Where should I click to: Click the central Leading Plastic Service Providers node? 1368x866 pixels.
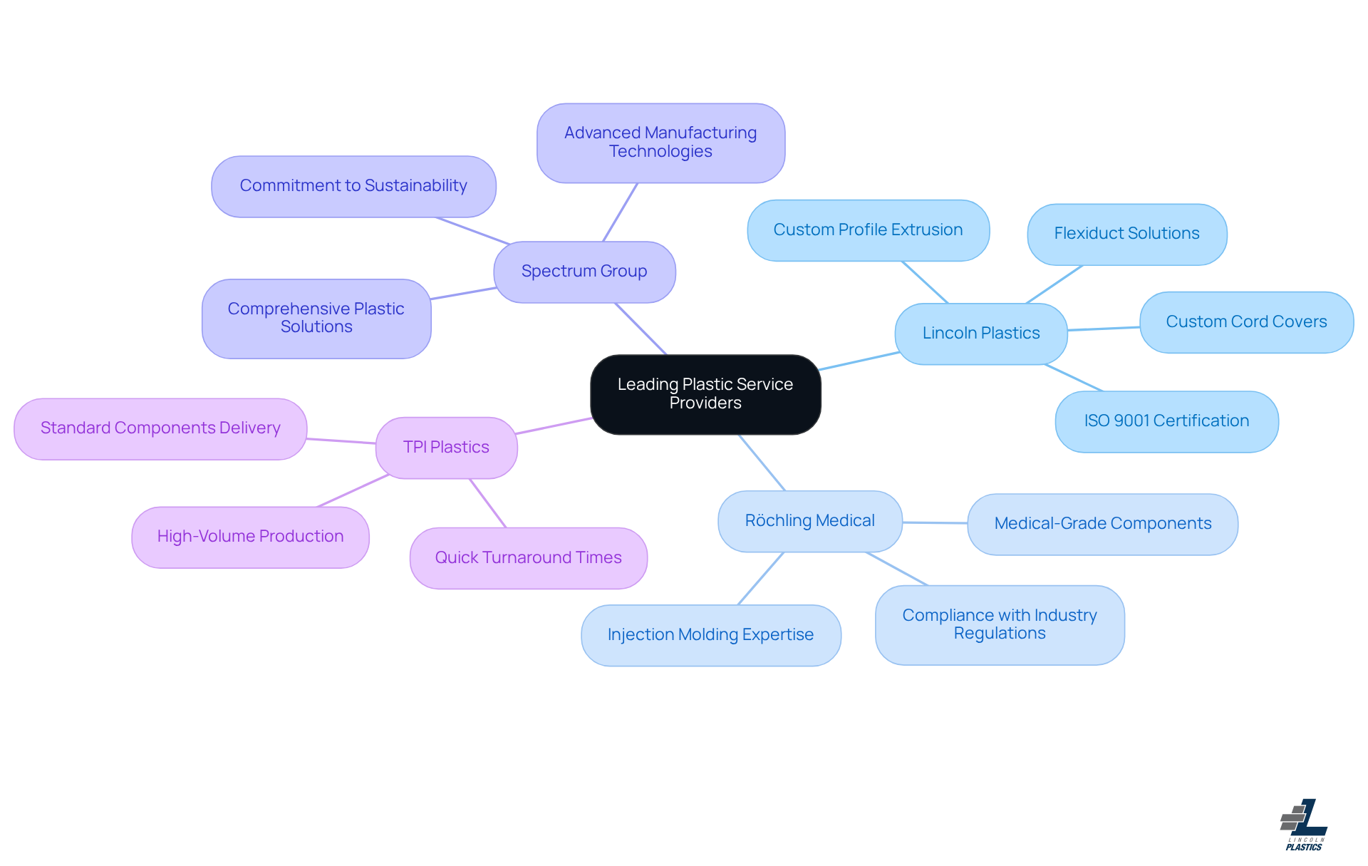pyautogui.click(x=705, y=394)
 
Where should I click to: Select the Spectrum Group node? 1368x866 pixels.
pyautogui.click(x=584, y=272)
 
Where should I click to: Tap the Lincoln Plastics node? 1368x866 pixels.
pyautogui.click(x=981, y=334)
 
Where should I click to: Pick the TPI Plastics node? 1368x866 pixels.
pyautogui.click(x=446, y=448)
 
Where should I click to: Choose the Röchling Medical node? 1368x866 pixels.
pyautogui.click(x=810, y=521)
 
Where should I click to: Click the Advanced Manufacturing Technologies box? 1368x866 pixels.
pyautogui.click(x=660, y=143)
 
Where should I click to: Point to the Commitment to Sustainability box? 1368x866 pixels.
pyautogui.click(x=353, y=186)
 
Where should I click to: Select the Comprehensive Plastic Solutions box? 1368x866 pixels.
pyautogui.click(x=316, y=318)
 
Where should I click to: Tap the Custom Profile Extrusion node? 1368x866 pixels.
pyautogui.click(x=868, y=230)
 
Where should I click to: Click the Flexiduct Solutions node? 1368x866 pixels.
pyautogui.click(x=1126, y=234)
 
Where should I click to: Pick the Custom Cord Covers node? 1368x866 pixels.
pyautogui.click(x=1246, y=322)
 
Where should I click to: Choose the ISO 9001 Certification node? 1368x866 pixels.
pyautogui.click(x=1166, y=421)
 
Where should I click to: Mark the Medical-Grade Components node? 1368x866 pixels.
pyautogui.click(x=1102, y=524)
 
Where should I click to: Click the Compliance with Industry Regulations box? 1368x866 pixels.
pyautogui.click(x=1000, y=624)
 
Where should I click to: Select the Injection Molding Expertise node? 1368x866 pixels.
pyautogui.click(x=710, y=635)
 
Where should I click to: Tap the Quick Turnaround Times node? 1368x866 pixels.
pyautogui.click(x=528, y=558)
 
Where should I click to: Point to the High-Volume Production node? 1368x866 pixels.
pyautogui.click(x=250, y=537)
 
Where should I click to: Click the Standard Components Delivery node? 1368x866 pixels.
pyautogui.click(x=160, y=428)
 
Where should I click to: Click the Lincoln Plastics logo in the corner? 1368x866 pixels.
pyautogui.click(x=1304, y=825)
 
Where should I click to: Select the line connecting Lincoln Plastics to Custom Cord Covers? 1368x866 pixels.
pyautogui.click(x=1104, y=329)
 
